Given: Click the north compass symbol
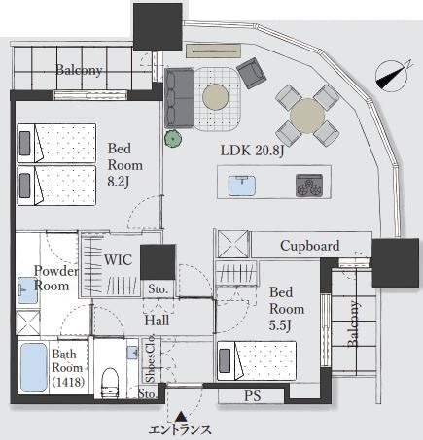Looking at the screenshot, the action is (x=392, y=76).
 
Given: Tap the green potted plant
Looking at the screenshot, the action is (x=173, y=139).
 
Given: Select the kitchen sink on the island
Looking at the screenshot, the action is (x=242, y=186).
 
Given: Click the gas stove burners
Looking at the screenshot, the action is (x=309, y=186).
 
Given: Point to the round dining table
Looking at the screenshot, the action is (x=307, y=116).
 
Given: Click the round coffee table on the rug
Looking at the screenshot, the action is (x=216, y=97).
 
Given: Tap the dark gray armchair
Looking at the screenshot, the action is (x=252, y=73).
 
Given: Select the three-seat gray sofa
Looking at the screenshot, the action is (x=179, y=98).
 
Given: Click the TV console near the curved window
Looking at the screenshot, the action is (x=214, y=51).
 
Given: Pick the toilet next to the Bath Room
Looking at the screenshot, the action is (x=110, y=383).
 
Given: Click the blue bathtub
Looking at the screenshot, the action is (x=34, y=367).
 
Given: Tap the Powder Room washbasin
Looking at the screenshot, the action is (x=27, y=290).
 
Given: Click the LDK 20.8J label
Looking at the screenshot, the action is (x=252, y=151).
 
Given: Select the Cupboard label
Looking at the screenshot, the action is (x=310, y=246).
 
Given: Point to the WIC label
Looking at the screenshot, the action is (x=118, y=260).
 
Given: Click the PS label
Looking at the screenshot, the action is (x=252, y=396).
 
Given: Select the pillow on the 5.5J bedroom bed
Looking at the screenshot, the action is (x=225, y=360).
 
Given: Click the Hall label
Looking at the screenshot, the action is (x=157, y=321).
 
